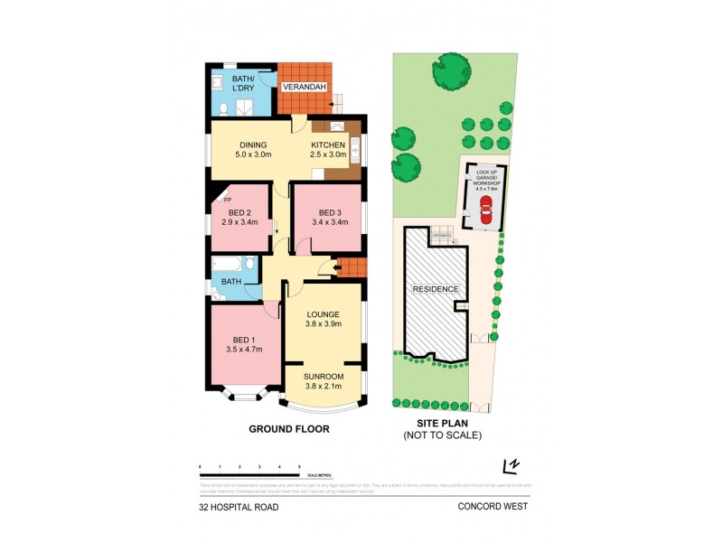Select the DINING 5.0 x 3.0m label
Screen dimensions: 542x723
[x=253, y=150]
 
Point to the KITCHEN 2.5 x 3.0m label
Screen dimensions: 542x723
[x=327, y=150]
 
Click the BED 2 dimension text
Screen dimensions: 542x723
[x=239, y=221]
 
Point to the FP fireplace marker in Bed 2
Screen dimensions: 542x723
[x=215, y=201]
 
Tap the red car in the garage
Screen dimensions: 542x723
[x=485, y=212]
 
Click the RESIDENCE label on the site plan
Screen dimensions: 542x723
[x=436, y=289]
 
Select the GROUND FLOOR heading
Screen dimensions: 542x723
[x=289, y=429]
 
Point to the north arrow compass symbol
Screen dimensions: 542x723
[x=512, y=466]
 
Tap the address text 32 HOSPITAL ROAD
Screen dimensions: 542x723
[x=239, y=507]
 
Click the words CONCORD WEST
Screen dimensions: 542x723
[x=493, y=507]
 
